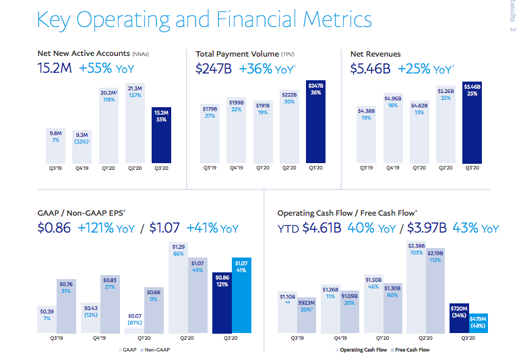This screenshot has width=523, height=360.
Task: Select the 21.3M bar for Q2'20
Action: coord(135,121)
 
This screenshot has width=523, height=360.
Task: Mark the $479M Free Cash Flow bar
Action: coord(478,323)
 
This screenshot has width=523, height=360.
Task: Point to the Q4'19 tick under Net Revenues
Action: coord(393,168)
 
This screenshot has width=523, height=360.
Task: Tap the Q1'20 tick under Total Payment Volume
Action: coord(262,168)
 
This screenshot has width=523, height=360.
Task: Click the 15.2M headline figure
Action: coord(54,67)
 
